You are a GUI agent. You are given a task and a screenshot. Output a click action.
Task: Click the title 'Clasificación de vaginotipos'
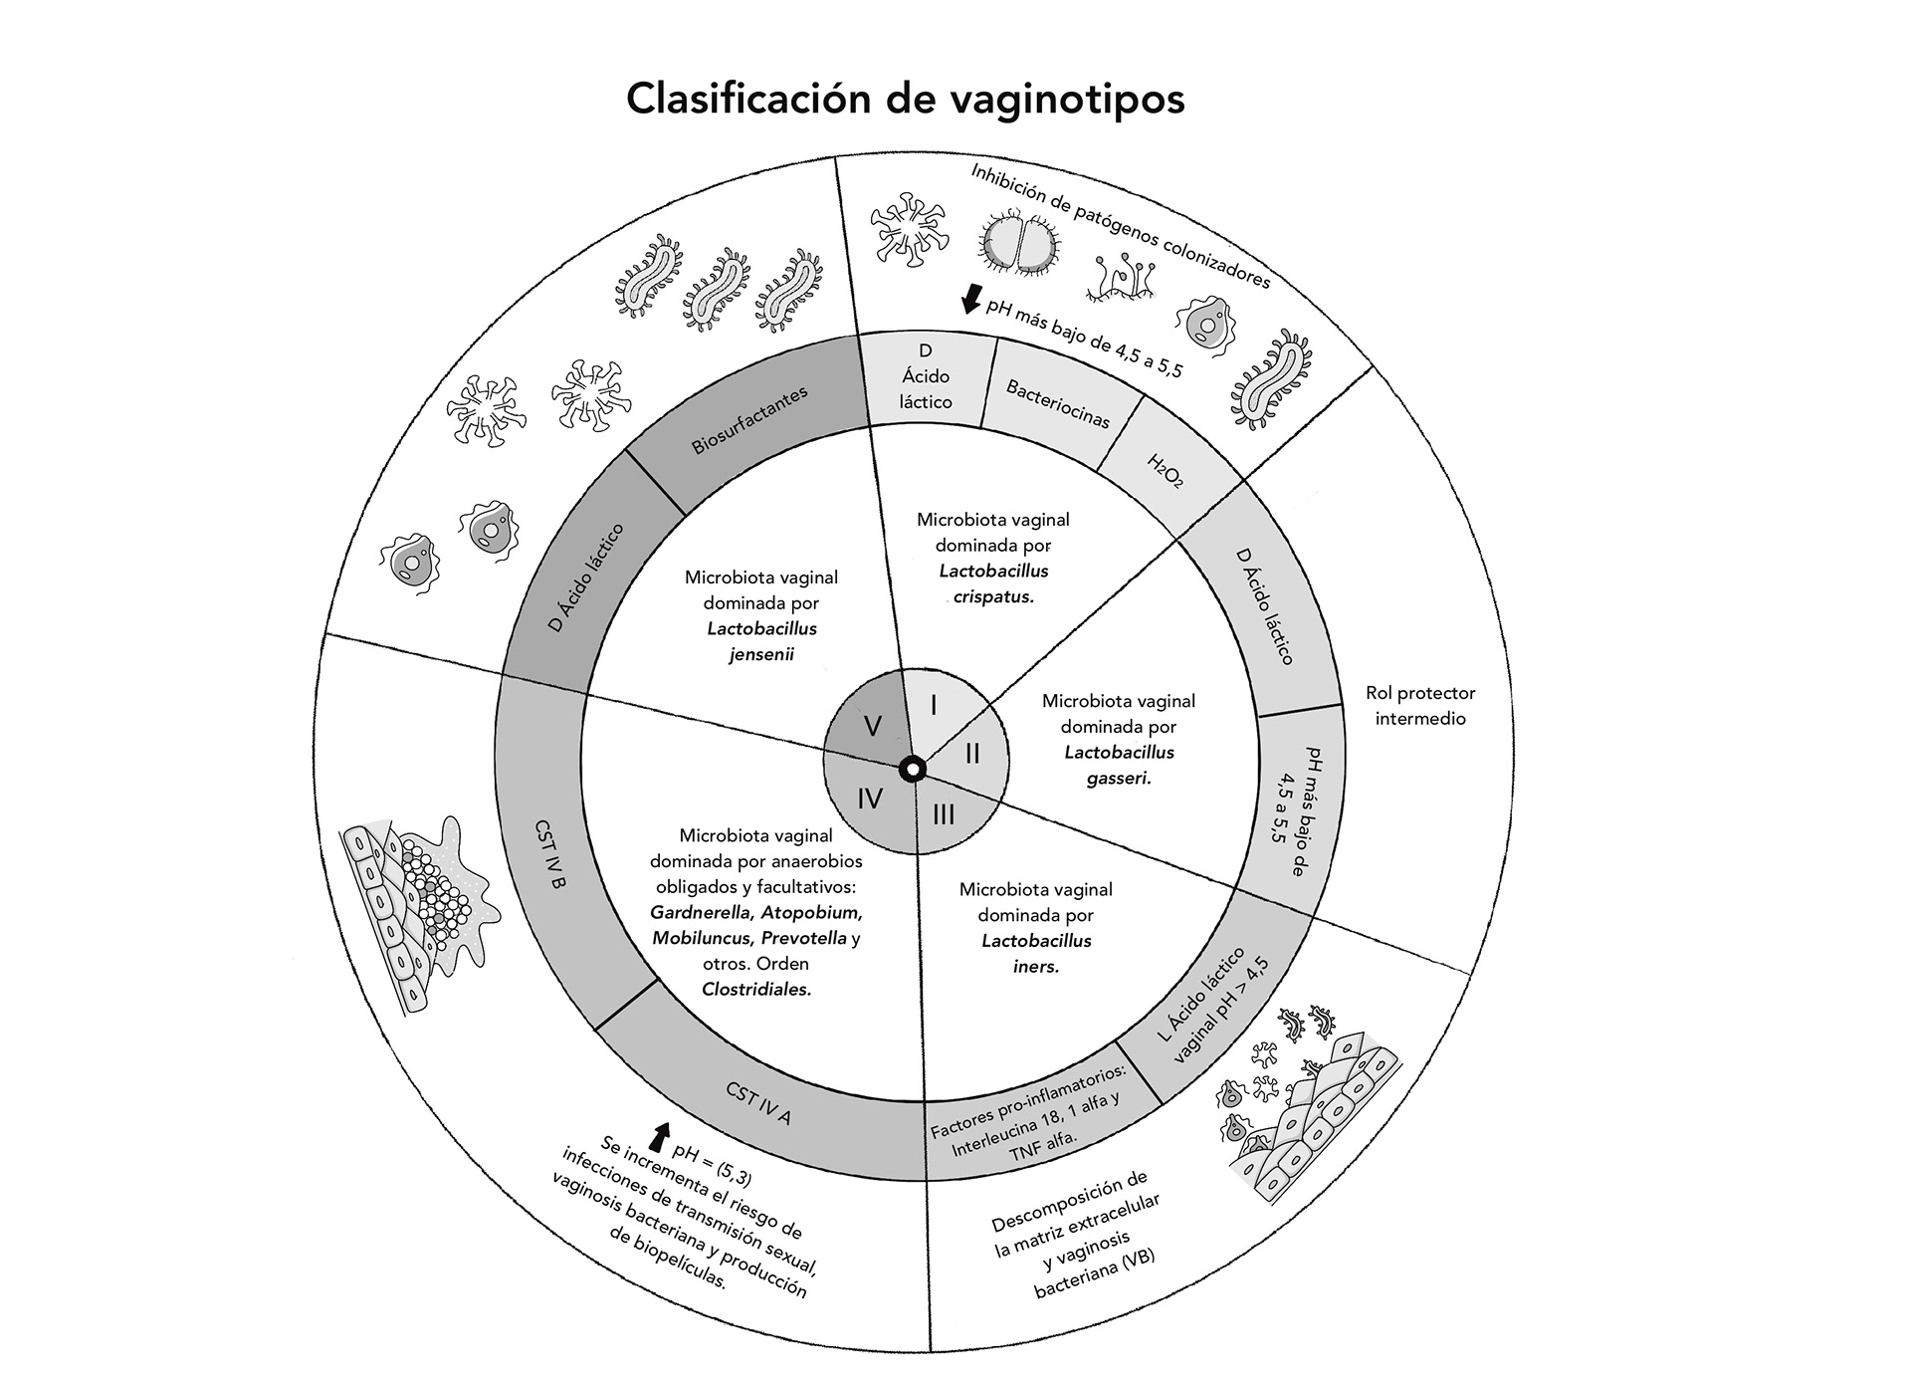[905, 99]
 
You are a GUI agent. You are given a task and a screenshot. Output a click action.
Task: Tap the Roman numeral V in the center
[872, 726]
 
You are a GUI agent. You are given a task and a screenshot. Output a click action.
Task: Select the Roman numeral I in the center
[934, 705]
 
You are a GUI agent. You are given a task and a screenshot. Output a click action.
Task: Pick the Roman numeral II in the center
[972, 754]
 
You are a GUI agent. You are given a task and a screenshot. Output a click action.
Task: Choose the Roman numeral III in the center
[944, 814]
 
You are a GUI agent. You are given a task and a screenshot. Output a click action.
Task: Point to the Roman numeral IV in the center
[870, 799]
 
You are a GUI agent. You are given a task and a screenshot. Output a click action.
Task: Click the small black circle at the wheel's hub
[913, 769]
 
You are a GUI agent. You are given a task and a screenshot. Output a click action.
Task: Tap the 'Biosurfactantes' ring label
[749, 420]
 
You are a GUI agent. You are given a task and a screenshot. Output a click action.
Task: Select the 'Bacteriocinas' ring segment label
[1058, 403]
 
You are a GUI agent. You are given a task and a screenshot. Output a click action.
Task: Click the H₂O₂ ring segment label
[1166, 470]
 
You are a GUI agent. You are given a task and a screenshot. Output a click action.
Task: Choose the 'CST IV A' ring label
[758, 1103]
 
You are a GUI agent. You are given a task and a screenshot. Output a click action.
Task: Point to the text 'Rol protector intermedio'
[1420, 705]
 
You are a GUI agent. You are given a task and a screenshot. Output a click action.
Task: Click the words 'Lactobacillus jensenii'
[762, 641]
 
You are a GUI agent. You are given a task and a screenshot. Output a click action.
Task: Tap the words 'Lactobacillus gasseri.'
[1119, 765]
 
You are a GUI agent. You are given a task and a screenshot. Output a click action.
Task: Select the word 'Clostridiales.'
[756, 989]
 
